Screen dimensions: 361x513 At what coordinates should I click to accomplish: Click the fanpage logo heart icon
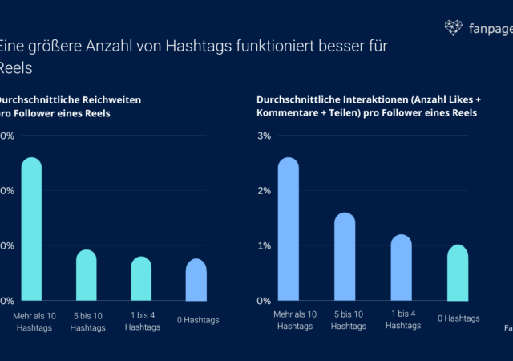[x=454, y=28]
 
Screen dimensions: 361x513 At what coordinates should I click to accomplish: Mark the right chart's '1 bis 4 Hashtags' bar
[x=401, y=268]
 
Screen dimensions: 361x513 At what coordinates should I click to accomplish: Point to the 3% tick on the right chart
[x=264, y=136]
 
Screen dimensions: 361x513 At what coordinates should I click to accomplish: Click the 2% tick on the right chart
[x=264, y=191]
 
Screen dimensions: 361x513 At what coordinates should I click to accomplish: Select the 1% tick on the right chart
[x=264, y=245]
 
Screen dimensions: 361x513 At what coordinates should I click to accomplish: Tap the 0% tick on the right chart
[x=264, y=301]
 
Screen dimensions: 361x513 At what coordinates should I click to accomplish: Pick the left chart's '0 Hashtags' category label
[x=197, y=320]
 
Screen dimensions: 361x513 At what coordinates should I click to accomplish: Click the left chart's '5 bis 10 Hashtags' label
[x=87, y=321]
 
